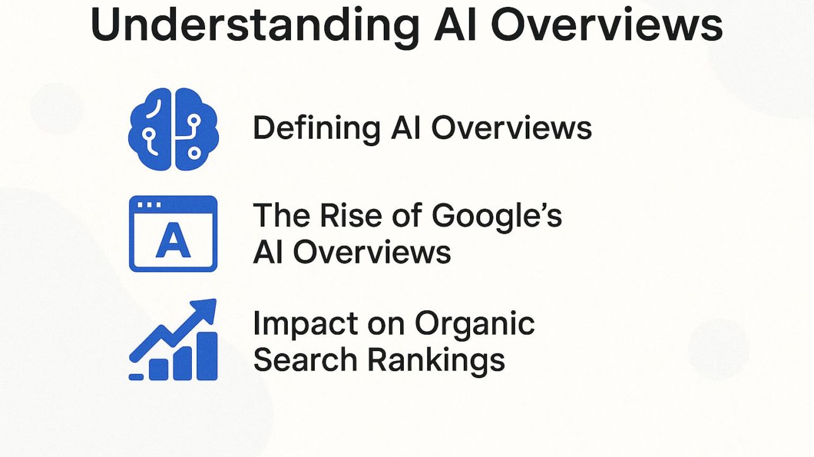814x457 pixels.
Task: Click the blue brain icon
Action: point(173,129)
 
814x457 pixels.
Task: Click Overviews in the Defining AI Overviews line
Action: point(511,128)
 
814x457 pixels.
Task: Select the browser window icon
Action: point(173,233)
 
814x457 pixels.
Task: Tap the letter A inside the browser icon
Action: point(173,243)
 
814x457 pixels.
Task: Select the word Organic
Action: point(475,325)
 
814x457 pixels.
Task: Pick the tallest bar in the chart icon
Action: point(207,357)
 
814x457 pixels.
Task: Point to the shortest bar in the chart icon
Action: point(159,370)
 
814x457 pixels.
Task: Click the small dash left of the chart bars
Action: point(136,377)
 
